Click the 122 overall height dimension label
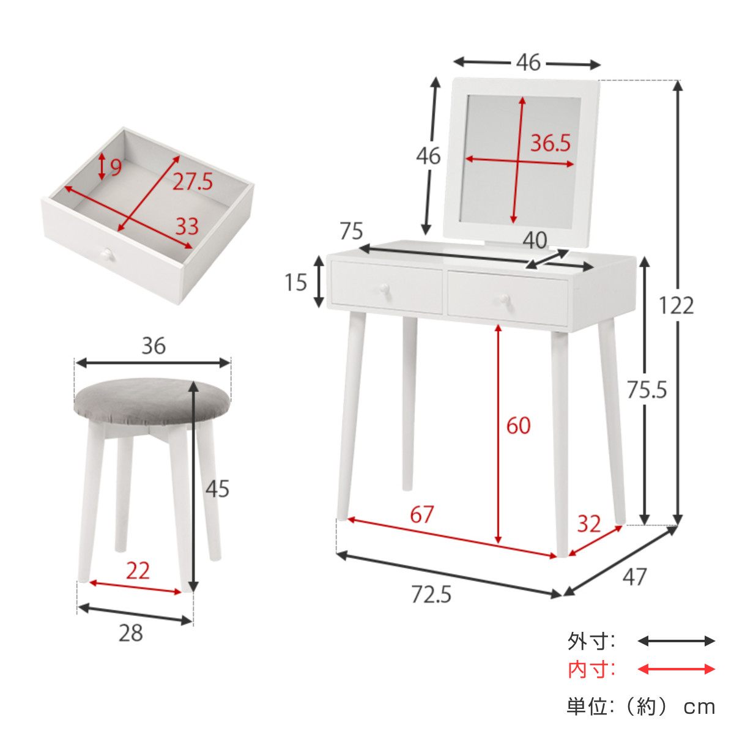coord(676,305)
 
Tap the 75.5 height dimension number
coord(647,390)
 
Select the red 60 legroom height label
coord(519,425)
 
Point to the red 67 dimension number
coord(421,514)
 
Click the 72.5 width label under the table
coord(431,594)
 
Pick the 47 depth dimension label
coord(634,577)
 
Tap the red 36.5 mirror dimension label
coord(550,143)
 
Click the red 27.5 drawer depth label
coord(193,181)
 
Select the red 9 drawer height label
coord(116,166)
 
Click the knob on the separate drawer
coord(107,254)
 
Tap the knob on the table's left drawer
coord(384,288)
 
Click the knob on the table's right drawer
coord(504,298)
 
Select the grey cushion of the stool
coord(152,401)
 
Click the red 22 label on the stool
coord(138,570)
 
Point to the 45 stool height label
coord(217,488)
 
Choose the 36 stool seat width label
coord(154,346)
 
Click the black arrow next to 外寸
coord(676,641)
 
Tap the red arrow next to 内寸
coord(676,669)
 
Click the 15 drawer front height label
coord(295,282)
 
